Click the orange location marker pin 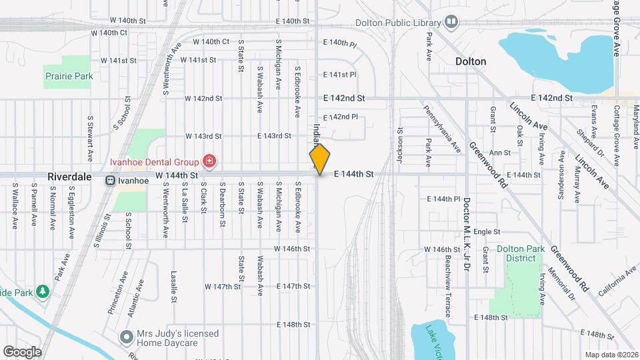[x=319, y=159]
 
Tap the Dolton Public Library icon [x=451, y=23]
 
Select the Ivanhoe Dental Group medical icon [x=209, y=161]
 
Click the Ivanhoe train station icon [x=109, y=179]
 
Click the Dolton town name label [x=470, y=61]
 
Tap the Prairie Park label [x=69, y=76]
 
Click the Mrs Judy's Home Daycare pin [x=126, y=337]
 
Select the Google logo [x=22, y=351]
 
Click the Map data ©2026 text [x=611, y=355]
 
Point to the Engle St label [x=487, y=232]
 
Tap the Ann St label [x=500, y=153]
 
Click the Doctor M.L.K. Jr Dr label [x=467, y=233]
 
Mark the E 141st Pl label [x=339, y=75]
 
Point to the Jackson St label [x=401, y=145]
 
